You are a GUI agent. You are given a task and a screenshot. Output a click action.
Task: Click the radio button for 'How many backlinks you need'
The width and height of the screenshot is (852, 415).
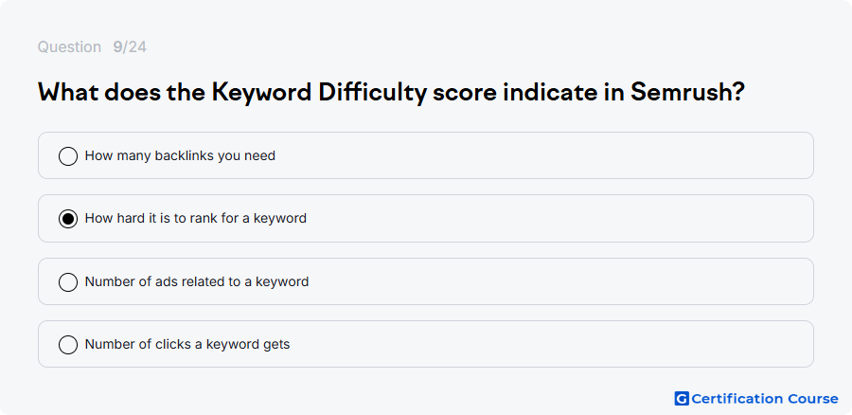[x=68, y=156]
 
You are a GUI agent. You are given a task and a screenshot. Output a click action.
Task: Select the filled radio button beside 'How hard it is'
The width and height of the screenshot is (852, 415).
[x=68, y=219]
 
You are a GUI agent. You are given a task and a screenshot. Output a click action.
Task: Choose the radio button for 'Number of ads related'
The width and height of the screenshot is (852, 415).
[x=68, y=282]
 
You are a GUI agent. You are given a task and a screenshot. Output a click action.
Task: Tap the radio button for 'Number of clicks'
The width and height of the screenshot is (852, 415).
[x=68, y=345]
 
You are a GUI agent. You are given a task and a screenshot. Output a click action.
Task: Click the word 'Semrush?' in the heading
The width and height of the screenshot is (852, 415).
[x=687, y=93]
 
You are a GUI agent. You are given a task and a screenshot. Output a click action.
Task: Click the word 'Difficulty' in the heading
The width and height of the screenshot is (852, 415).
[x=373, y=94]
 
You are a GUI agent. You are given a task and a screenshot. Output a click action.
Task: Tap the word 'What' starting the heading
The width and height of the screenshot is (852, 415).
[x=67, y=93]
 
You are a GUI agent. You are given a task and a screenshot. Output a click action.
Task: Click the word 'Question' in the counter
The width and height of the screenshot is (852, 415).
[x=69, y=47]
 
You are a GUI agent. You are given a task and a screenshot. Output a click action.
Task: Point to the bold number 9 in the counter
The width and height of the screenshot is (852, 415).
[x=117, y=47]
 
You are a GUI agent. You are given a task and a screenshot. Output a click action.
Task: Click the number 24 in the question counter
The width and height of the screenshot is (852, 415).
[x=137, y=47]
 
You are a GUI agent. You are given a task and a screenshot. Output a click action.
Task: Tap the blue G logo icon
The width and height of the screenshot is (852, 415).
[x=682, y=399]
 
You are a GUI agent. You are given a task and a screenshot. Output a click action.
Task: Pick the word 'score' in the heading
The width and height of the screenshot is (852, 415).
[x=465, y=94]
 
